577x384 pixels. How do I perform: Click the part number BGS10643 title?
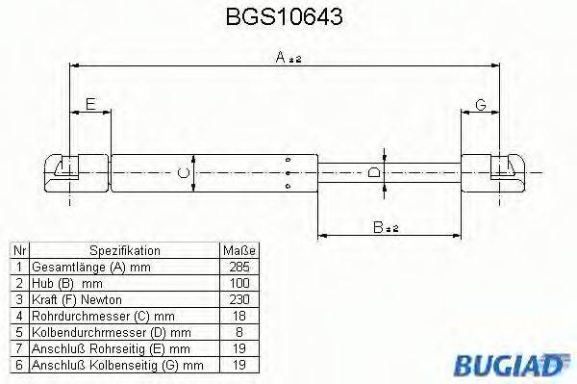(x=284, y=18)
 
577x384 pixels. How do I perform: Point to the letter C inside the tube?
(x=183, y=173)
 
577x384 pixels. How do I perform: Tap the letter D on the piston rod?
(x=375, y=173)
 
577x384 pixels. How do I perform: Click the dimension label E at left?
(x=90, y=104)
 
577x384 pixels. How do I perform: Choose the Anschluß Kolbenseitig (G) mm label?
(x=115, y=365)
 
